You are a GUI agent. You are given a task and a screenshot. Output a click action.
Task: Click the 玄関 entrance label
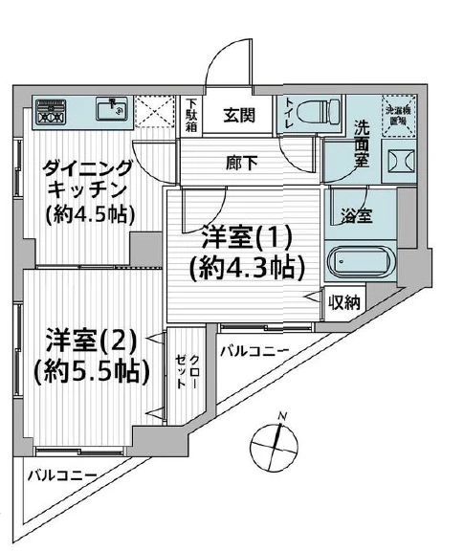pos(240,117)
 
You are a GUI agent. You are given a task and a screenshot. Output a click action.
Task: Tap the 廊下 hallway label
pos(240,162)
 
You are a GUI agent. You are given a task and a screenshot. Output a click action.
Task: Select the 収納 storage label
pos(344,303)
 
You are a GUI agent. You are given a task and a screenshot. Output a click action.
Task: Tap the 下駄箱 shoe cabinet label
pos(191,115)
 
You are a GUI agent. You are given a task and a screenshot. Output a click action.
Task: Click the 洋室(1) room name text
pos(246,235)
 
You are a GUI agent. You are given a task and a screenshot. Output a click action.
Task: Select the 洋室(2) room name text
pos(93,340)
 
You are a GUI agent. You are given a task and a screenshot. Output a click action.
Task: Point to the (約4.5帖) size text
pos(91,214)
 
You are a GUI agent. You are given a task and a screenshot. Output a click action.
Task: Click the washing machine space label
pos(395,116)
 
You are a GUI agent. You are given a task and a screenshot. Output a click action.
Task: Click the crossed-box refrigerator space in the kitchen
pos(152,111)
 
